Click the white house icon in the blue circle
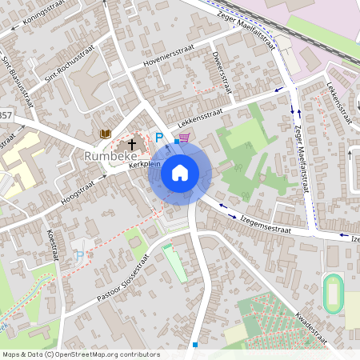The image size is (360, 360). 180,172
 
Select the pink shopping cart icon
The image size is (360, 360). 185,138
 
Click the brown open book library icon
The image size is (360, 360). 105,134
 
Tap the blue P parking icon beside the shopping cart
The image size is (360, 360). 159,138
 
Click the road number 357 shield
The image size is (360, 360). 5,116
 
